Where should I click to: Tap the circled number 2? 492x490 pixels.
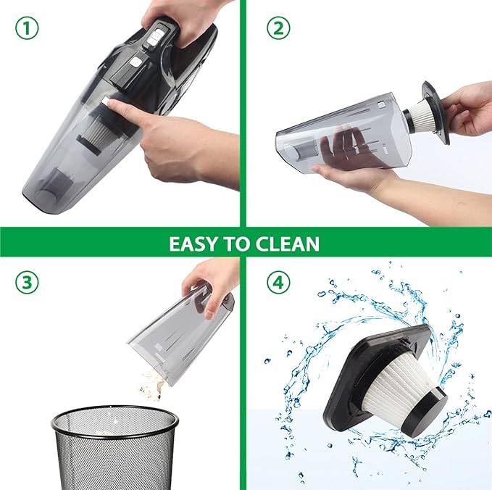[x=278, y=28]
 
